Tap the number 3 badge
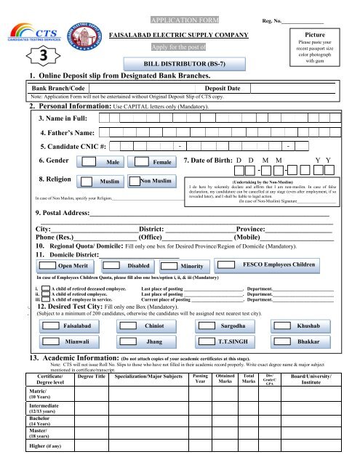click(x=25, y=55)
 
